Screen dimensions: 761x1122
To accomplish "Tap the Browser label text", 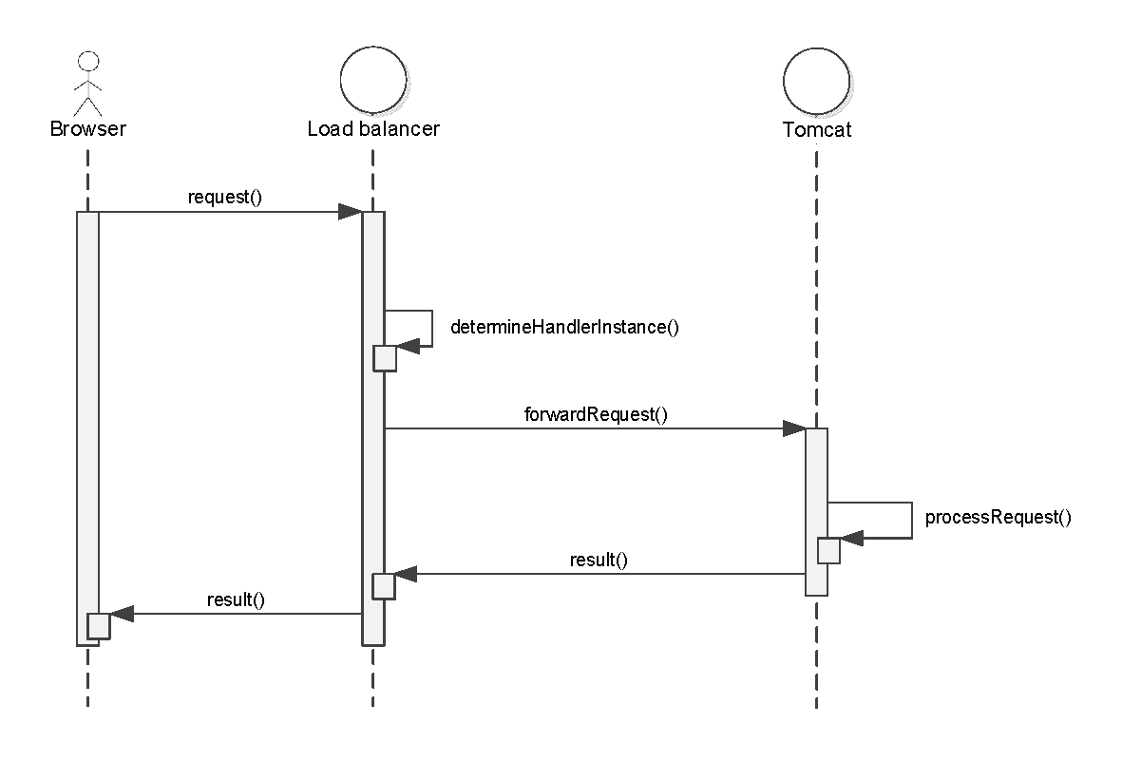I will tap(87, 128).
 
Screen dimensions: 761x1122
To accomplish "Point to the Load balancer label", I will tap(373, 128).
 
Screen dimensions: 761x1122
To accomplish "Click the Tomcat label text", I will tap(817, 129).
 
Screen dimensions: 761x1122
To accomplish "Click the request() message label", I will tap(225, 198).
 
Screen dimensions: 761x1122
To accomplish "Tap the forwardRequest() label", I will tap(596, 414).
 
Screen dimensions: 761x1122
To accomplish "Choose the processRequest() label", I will tap(998, 518).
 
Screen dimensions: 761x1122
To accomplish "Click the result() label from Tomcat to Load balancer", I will tap(599, 560).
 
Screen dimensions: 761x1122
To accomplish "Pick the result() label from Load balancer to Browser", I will tap(235, 599).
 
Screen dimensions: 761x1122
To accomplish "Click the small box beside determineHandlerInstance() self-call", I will tap(384, 358).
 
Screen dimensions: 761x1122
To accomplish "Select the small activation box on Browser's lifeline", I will tap(99, 626).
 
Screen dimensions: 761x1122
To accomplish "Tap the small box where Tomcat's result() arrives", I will tap(383, 586).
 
